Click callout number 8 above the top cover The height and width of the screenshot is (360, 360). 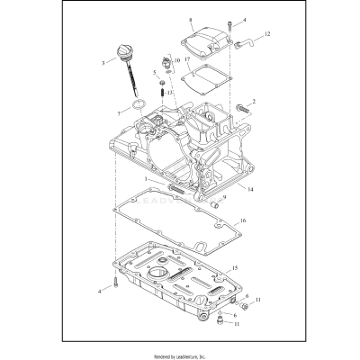pyautogui.click(x=191, y=19)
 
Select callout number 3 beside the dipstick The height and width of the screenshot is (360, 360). pyautogui.click(x=103, y=62)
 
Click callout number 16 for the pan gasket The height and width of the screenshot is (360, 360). pyautogui.click(x=242, y=219)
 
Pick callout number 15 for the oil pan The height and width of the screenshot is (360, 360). pyautogui.click(x=234, y=268)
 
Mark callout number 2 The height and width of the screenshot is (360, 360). pyautogui.click(x=254, y=102)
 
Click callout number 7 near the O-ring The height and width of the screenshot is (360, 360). pyautogui.click(x=118, y=112)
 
